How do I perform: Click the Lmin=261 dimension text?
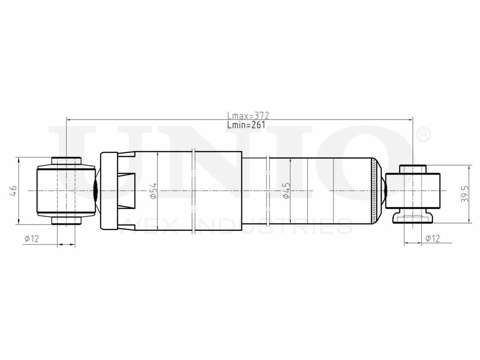[246, 125]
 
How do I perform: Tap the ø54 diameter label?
[153, 191]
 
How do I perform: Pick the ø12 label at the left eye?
[31, 238]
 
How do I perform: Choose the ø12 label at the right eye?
[432, 238]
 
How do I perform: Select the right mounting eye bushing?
[413, 190]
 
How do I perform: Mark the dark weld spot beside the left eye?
[95, 191]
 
